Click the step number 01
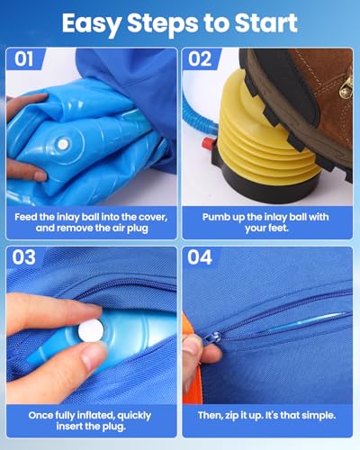tap(24, 58)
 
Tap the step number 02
tap(200, 58)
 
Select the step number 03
tap(24, 257)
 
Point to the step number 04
tap(200, 257)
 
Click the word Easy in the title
tap(92, 24)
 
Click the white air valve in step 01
tap(63, 144)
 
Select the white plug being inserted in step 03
tap(91, 330)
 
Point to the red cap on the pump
tap(207, 144)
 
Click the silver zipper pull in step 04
tap(216, 336)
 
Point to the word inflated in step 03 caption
tap(96, 416)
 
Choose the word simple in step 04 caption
tap(319, 416)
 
